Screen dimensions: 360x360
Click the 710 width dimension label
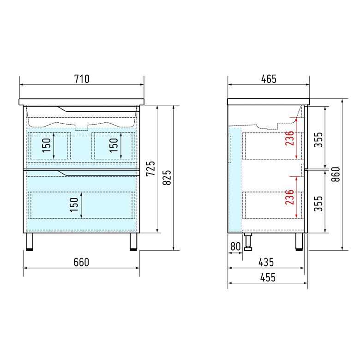pos(82,79)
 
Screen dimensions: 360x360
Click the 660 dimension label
pos(81,262)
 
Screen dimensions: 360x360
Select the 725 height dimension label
pos(150,168)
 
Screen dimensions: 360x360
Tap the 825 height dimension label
pos(167,177)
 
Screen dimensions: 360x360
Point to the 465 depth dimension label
pos(269,79)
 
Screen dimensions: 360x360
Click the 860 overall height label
pos(336,174)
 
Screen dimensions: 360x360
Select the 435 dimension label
pos(266,262)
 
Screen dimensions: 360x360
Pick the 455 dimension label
pos(268,277)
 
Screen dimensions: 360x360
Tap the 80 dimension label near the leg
pos(235,246)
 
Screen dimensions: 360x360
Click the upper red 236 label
pos(289,138)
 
